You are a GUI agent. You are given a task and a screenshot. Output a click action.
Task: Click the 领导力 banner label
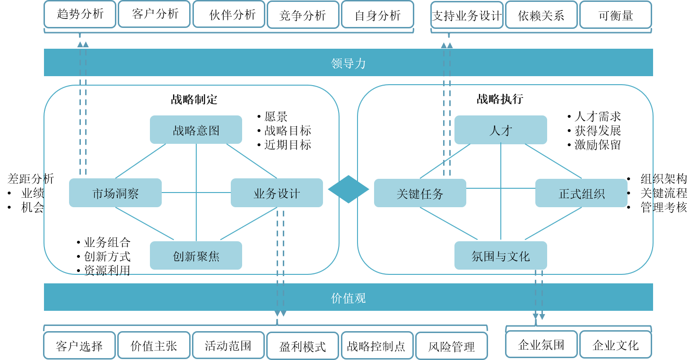349,63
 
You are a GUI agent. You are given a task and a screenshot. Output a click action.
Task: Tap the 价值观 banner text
349,298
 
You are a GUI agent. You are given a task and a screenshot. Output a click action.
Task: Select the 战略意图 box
196,130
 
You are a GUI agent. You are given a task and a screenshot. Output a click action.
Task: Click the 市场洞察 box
115,193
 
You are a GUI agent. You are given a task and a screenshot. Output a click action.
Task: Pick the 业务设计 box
277,193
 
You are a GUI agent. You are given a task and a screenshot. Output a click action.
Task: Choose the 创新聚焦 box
196,256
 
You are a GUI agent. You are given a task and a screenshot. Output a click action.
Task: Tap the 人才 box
500,130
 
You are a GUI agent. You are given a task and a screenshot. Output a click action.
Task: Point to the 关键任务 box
420,193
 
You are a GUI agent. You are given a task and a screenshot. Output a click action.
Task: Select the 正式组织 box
581,193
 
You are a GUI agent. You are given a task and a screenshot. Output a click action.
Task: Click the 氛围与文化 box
500,256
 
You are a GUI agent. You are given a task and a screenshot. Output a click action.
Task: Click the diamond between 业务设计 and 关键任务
349,189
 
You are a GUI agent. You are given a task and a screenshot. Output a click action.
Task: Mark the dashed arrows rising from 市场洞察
83,109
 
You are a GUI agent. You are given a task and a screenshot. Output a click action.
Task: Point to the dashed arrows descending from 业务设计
280,260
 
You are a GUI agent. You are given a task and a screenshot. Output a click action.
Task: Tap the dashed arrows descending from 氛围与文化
539,293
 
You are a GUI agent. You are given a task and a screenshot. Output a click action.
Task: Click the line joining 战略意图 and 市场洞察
141,161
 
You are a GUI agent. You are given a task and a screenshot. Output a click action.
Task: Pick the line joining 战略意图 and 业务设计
251,161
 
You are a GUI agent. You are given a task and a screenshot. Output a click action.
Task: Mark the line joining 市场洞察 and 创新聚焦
144,223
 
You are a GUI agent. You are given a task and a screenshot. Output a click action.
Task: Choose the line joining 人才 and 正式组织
553,161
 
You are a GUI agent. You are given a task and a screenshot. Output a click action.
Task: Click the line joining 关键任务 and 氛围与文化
448,223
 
